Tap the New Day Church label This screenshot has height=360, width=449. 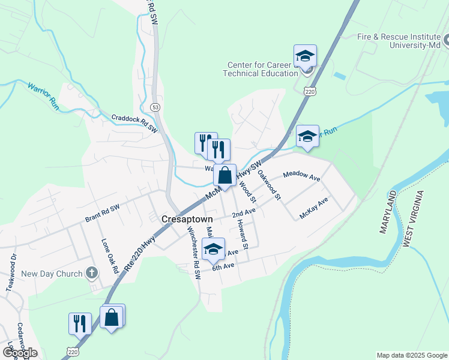pos(52,274)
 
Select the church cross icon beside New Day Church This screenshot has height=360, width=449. pos(91,274)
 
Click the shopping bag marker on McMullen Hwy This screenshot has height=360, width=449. pos(224,176)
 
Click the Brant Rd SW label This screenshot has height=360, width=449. pos(103,212)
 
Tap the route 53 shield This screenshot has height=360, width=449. pos(155,107)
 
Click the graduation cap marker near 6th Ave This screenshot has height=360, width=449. pos(213,250)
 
